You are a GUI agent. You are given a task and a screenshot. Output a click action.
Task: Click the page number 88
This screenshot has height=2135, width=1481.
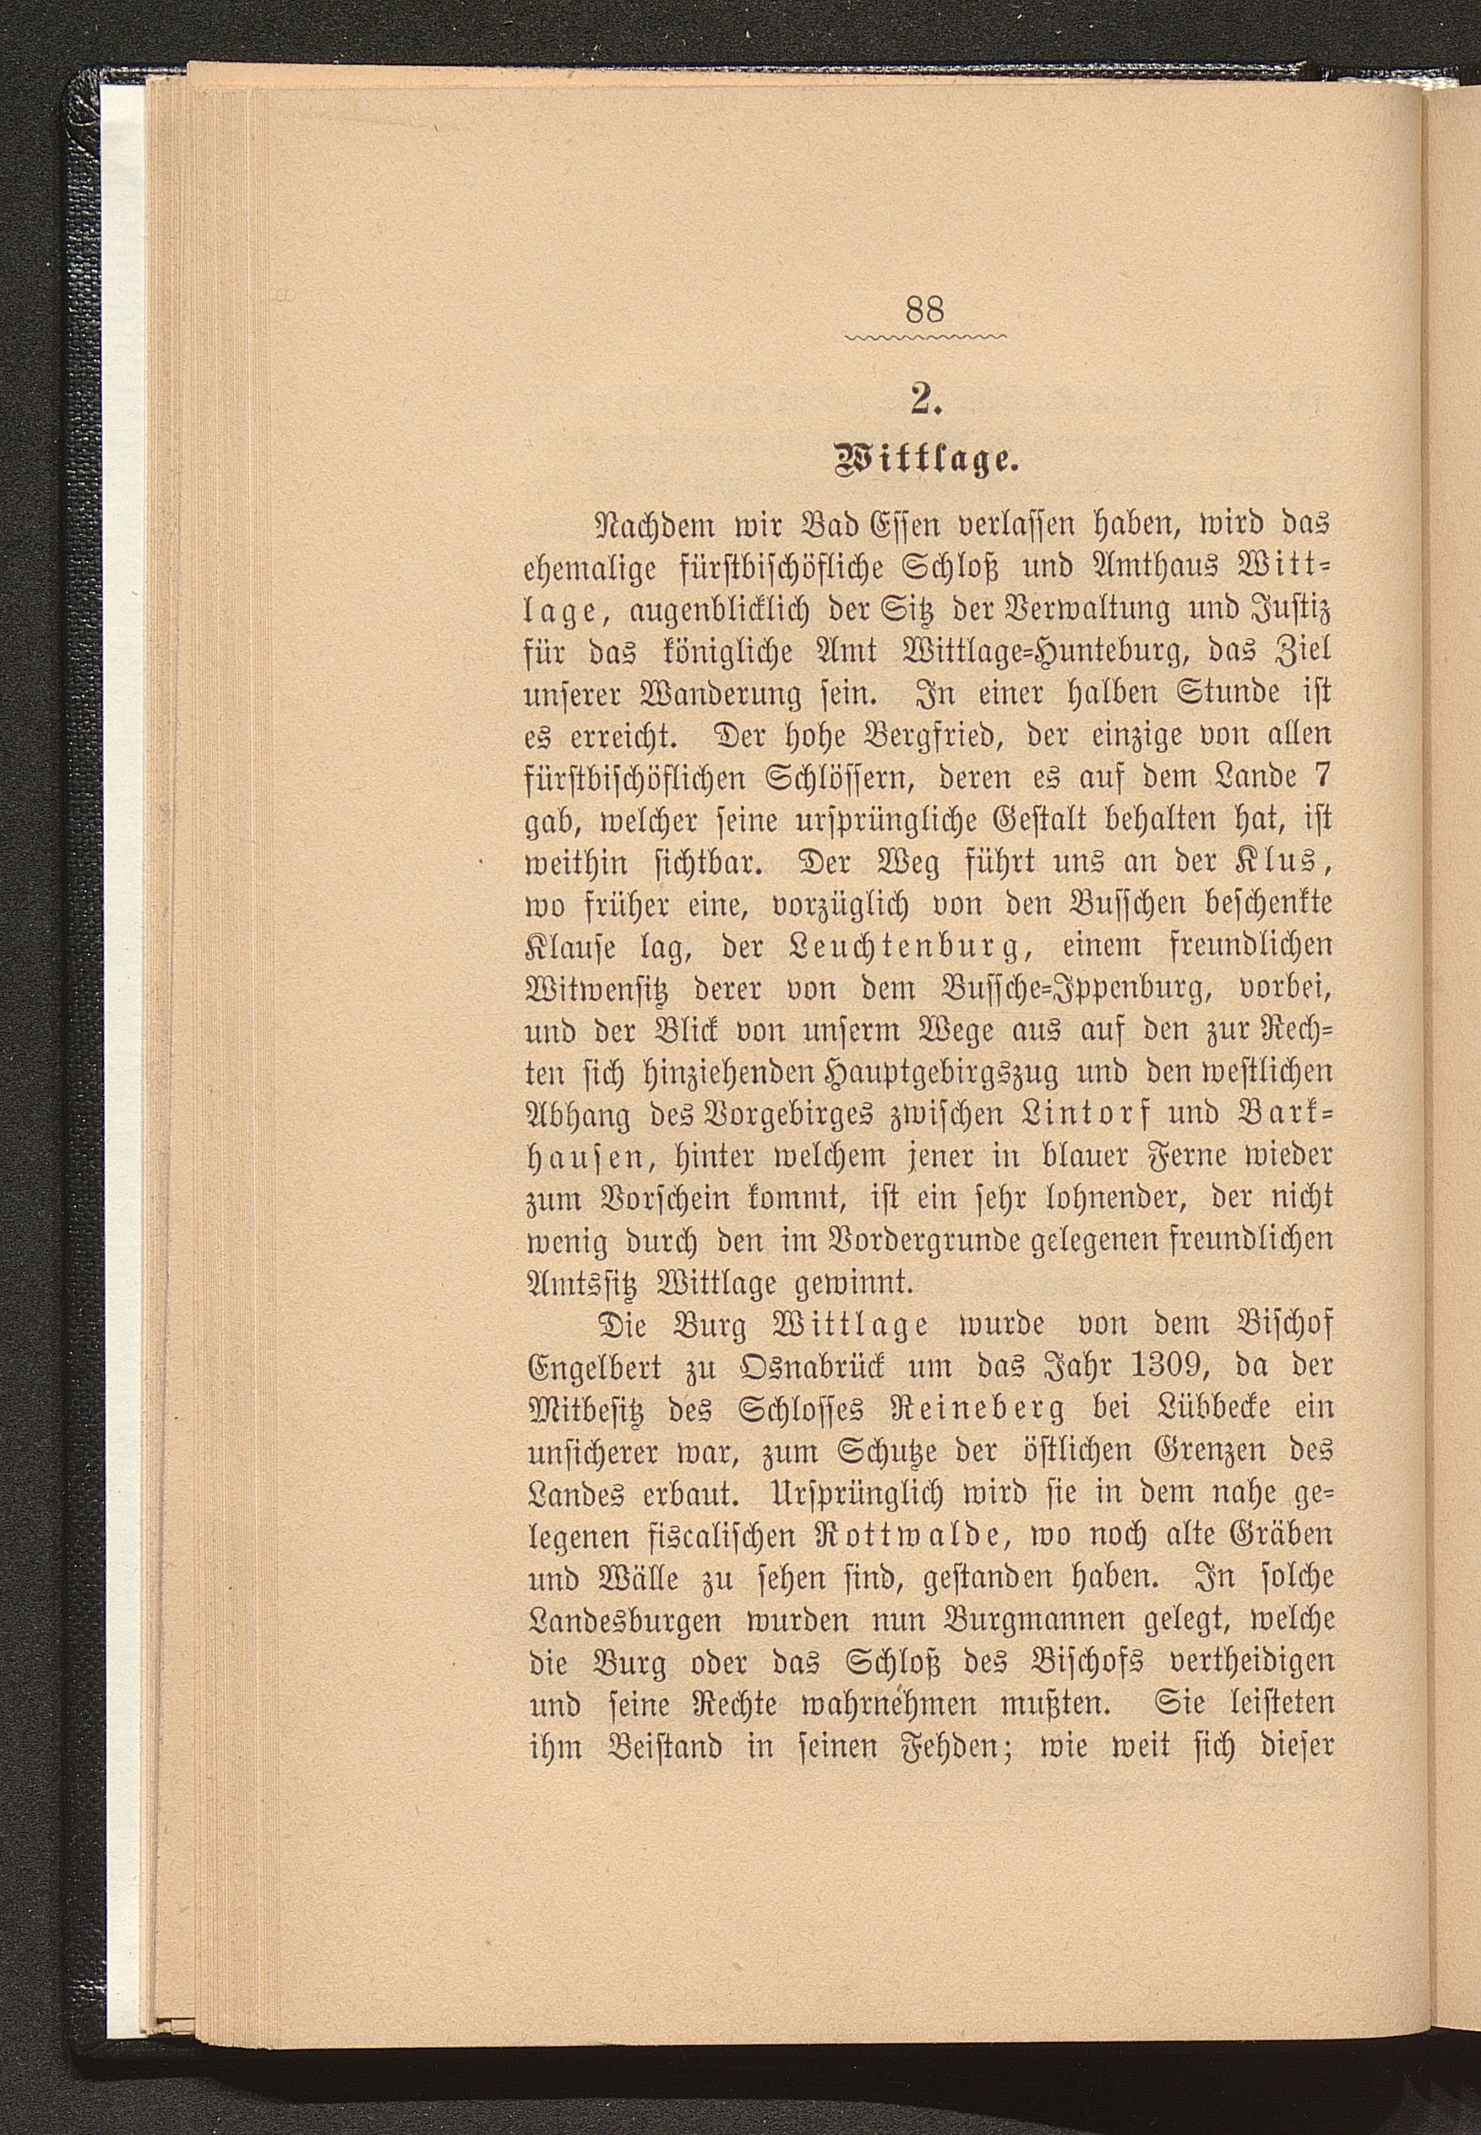coord(923,310)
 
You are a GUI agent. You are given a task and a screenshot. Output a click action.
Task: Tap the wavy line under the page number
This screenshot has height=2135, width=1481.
coord(925,337)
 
